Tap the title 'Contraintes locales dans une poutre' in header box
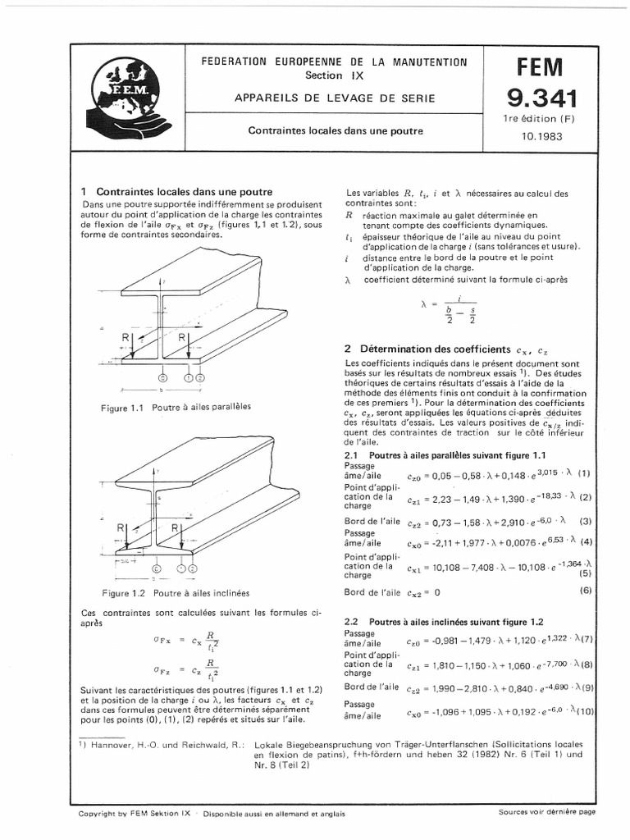(336, 130)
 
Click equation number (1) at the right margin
(584, 473)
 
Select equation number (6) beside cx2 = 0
(585, 591)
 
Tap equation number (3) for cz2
(585, 521)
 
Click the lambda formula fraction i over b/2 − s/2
(450, 310)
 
